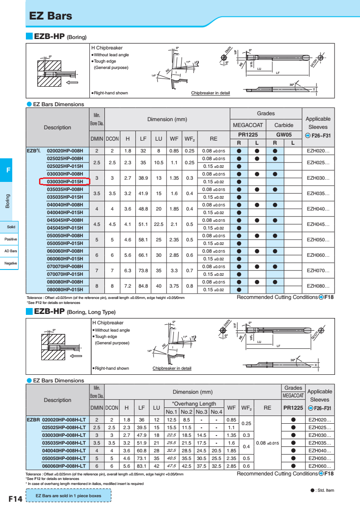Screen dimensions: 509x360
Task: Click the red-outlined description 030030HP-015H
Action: coord(65,181)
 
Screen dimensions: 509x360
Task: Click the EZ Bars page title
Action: coord(50,16)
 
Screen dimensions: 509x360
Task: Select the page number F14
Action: coord(15,499)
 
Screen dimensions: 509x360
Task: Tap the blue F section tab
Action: coord(8,170)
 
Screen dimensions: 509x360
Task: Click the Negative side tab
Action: coord(10,263)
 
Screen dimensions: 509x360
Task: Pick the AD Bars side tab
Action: coord(10,251)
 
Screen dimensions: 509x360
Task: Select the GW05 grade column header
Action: coord(284,135)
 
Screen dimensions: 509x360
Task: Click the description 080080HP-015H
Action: coord(65,289)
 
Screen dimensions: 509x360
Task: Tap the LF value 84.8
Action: coord(143,286)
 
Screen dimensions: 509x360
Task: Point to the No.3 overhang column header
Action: coord(201,411)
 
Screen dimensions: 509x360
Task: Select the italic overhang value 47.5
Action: coord(172,466)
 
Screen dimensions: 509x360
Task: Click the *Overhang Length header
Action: coord(194,404)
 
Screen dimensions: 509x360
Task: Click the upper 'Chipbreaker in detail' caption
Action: coord(210,93)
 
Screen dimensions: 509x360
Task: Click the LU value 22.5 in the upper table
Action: coord(158,224)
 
